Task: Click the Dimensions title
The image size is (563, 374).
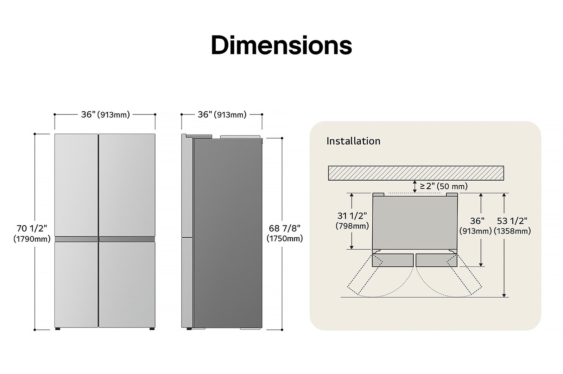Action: (x=281, y=45)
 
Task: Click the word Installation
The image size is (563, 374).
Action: (x=353, y=141)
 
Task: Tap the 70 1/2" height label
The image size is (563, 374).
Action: (x=32, y=228)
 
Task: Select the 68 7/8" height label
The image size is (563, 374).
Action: (x=285, y=228)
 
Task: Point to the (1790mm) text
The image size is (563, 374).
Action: (x=32, y=239)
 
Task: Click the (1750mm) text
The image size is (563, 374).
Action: (x=285, y=239)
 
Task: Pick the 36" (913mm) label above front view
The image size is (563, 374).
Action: (x=105, y=114)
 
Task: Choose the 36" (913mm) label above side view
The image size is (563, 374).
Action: (x=222, y=114)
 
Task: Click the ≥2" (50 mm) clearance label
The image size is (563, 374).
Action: (x=443, y=186)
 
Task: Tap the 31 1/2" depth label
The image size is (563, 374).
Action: (x=352, y=216)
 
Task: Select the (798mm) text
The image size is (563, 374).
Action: (x=352, y=226)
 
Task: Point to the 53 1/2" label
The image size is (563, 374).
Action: (x=512, y=221)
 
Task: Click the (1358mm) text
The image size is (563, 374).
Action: (x=512, y=231)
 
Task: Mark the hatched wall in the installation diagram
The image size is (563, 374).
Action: (x=416, y=173)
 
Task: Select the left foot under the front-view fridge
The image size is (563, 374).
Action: (x=57, y=329)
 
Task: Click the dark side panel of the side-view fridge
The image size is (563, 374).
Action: (x=228, y=232)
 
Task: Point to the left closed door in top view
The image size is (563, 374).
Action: (x=393, y=260)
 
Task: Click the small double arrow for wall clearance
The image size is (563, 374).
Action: (x=415, y=187)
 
